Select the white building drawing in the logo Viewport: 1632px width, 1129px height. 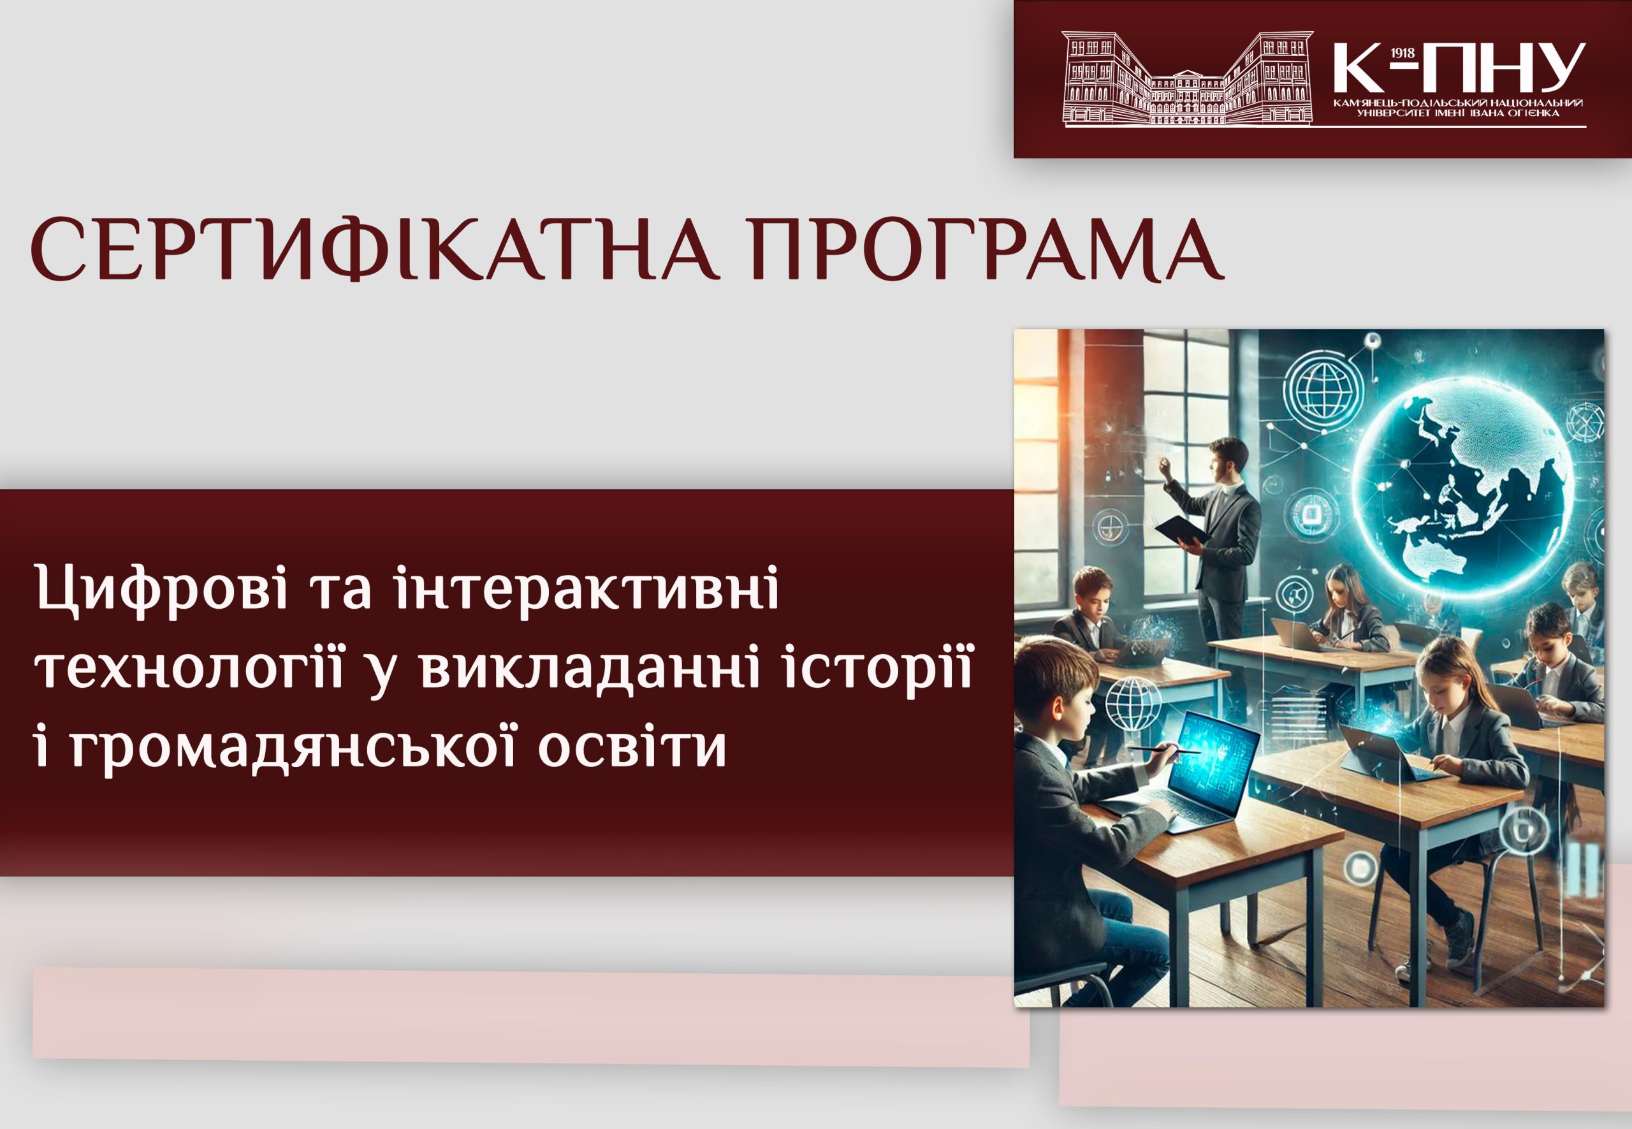(x=1187, y=79)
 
